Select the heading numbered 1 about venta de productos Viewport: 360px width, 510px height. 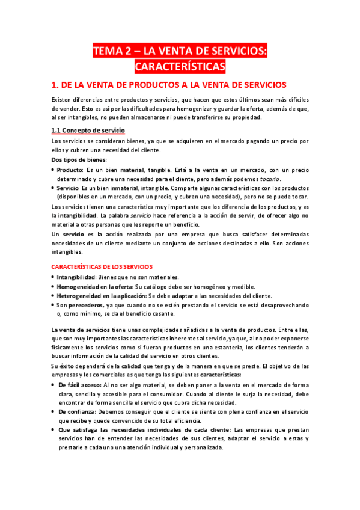170,85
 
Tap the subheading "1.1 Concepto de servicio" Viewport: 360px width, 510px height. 88,130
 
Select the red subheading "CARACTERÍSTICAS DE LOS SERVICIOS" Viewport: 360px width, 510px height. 102,266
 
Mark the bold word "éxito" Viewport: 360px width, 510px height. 67,366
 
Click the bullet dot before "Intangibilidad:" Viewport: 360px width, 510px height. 53,278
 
